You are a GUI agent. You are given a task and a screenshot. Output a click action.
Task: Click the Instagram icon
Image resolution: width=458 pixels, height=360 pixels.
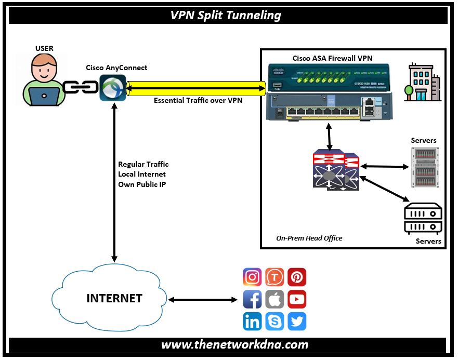coord(253,277)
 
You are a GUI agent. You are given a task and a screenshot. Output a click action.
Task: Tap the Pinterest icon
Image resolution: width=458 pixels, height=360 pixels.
coord(297,277)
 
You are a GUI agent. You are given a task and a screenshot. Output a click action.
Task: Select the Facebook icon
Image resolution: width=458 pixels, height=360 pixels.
coord(253,300)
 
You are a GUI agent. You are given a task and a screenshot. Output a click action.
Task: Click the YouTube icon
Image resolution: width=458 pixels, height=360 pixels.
coord(297,300)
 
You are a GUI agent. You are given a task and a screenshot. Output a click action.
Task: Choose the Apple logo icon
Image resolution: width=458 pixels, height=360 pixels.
coord(274,300)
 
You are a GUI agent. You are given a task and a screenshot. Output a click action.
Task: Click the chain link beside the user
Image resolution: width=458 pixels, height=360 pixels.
coord(81,88)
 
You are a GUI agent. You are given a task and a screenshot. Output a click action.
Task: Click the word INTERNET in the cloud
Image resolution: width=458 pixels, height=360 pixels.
coord(114,299)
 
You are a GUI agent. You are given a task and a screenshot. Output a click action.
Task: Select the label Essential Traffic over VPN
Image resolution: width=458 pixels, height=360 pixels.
coord(198,100)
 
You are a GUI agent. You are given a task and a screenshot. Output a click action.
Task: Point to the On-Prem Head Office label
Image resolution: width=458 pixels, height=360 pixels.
coord(309,238)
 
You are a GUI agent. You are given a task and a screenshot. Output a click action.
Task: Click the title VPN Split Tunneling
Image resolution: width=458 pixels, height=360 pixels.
coord(226,15)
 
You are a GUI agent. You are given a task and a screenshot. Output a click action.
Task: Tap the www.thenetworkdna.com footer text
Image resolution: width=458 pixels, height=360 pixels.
coord(234,344)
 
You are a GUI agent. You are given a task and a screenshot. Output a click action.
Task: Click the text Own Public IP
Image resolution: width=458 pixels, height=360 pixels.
coord(142,184)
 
